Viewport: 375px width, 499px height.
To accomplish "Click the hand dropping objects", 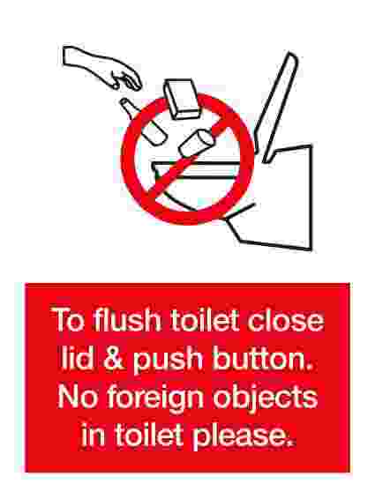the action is pyautogui.click(x=102, y=69).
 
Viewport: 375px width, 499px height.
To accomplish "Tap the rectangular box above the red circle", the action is pyautogui.click(x=182, y=99).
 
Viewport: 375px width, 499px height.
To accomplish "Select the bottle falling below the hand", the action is pyautogui.click(x=143, y=122).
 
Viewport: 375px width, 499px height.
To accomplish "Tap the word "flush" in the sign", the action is pyautogui.click(x=127, y=319).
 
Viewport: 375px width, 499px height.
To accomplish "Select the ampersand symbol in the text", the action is pyautogui.click(x=114, y=358).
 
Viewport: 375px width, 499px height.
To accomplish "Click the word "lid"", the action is pyautogui.click(x=78, y=358).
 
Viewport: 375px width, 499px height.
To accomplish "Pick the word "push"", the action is pyautogui.click(x=168, y=361).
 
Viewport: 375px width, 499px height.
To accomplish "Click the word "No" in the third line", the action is pyautogui.click(x=77, y=397).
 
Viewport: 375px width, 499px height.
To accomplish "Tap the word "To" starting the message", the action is pyautogui.click(x=68, y=319).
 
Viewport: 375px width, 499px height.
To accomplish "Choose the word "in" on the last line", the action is pyautogui.click(x=93, y=435).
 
